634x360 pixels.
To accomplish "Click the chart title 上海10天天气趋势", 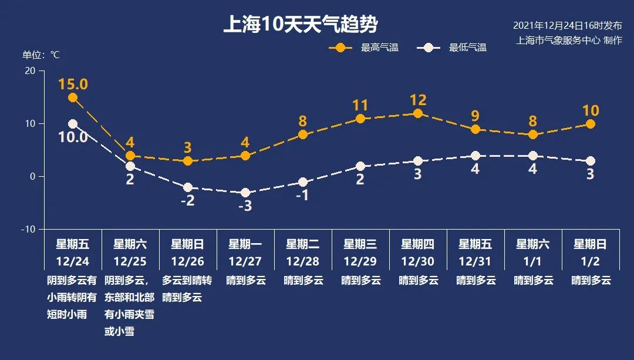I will tap(300, 25).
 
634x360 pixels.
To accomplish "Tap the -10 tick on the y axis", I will tap(28, 229).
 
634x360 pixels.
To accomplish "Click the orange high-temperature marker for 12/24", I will tap(73, 97).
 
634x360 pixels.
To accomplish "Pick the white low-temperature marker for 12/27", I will tap(245, 193).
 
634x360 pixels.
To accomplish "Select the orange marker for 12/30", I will tap(418, 113).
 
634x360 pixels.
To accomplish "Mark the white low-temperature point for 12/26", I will tap(188, 187).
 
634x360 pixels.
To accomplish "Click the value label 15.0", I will tap(73, 84).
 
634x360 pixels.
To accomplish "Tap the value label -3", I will tap(245, 207).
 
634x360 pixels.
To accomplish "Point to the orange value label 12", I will tap(418, 100).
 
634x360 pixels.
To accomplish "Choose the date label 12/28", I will tap(303, 261).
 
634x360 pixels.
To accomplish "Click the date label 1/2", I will tap(590, 261).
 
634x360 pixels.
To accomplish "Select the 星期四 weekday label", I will tap(417, 244).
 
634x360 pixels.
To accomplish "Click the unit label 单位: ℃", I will tap(41, 55).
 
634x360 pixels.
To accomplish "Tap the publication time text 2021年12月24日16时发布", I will tap(567, 26).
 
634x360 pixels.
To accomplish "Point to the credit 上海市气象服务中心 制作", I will tap(569, 41).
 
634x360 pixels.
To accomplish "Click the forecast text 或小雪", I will tap(119, 332).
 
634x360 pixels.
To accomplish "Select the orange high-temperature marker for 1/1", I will tap(533, 134).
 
